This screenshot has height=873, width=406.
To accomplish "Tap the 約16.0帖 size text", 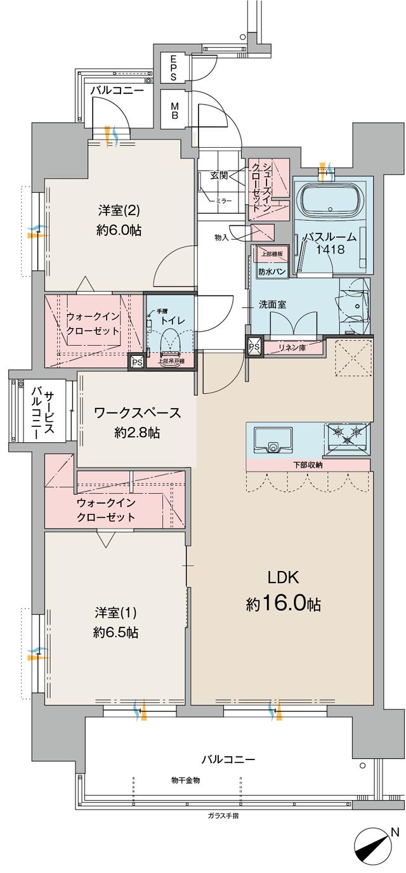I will (x=283, y=604).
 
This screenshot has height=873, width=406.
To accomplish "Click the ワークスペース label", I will (x=137, y=413).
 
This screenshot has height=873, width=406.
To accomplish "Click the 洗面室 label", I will (x=272, y=305).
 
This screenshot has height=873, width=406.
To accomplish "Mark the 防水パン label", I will (x=271, y=272).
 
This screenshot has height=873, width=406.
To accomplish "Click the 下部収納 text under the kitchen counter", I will (x=308, y=465).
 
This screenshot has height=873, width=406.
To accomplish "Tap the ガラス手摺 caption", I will (x=223, y=815).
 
